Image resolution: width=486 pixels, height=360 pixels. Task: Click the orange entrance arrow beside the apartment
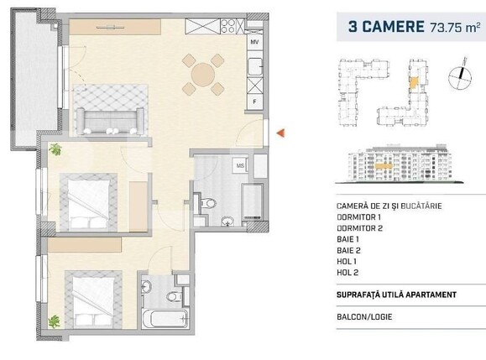point(281,132)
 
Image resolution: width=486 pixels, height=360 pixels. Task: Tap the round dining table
point(204,75)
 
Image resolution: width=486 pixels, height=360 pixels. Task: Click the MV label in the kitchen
point(255,41)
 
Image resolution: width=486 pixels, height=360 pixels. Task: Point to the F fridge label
point(255,102)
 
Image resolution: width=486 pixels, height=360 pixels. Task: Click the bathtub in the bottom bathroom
point(161,320)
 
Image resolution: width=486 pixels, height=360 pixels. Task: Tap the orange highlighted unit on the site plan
point(414,82)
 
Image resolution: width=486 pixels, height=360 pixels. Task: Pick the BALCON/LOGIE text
point(367,317)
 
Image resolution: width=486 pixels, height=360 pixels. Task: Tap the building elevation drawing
point(403,165)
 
